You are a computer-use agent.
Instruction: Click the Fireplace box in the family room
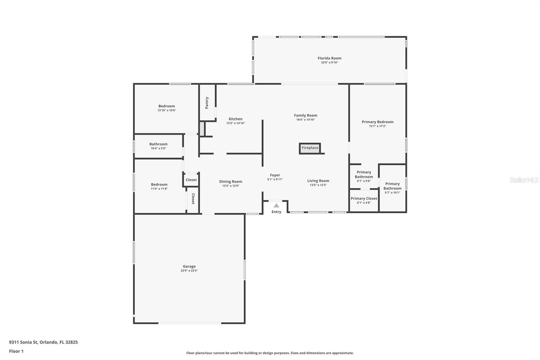tap(310, 148)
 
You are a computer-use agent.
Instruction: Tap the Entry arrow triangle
tap(276, 206)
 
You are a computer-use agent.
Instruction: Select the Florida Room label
tap(329, 58)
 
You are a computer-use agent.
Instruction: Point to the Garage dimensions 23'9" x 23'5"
tap(189, 271)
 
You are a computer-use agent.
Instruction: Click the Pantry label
tap(207, 103)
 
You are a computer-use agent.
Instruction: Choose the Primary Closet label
tap(364, 198)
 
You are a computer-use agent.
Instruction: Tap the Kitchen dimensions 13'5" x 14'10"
tap(236, 123)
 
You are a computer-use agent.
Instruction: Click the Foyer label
tap(275, 175)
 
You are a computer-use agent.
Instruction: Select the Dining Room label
tap(231, 182)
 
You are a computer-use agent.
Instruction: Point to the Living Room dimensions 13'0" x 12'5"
tap(318, 185)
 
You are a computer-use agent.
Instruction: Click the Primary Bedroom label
tap(378, 122)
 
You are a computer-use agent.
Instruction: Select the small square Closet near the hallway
tap(191, 180)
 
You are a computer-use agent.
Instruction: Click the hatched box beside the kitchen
tap(202, 129)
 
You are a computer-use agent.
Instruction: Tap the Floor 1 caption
tap(17, 351)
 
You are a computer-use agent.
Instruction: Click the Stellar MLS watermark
tap(524, 180)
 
